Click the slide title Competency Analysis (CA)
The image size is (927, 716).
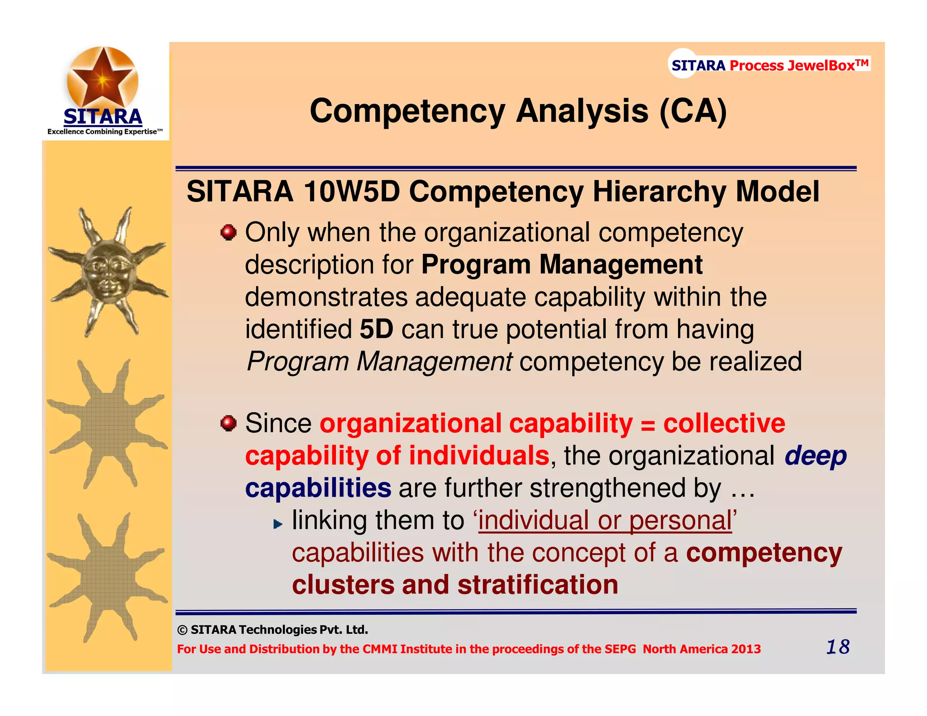[x=518, y=111]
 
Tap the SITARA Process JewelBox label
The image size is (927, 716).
[x=769, y=65]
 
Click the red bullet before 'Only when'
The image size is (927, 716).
[x=229, y=233]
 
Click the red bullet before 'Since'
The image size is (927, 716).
[x=229, y=424]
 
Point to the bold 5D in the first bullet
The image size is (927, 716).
[x=376, y=329]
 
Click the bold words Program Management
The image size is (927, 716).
[x=562, y=265]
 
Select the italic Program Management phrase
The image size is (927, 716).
[x=379, y=362]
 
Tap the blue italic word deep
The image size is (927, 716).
[x=815, y=456]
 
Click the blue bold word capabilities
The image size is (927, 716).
[x=318, y=488]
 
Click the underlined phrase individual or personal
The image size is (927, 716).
[x=605, y=521]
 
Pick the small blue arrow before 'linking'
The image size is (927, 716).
[x=277, y=525]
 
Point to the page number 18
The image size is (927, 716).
[x=838, y=647]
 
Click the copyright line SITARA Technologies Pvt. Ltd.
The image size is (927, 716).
[x=273, y=630]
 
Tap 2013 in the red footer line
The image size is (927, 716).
[x=746, y=649]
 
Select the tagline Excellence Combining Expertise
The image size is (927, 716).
[x=105, y=132]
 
